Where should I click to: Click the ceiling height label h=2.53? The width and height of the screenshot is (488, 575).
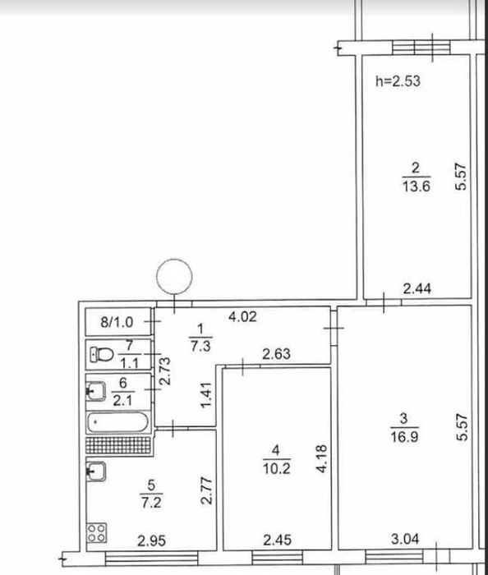pos(397,81)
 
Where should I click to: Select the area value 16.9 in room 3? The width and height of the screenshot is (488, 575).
pos(408,430)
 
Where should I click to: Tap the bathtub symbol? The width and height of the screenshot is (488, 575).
pos(119,424)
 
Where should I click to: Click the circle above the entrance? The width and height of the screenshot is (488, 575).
pos(175,276)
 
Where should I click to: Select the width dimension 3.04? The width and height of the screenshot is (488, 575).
pos(408,540)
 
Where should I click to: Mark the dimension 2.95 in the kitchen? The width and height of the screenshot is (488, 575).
pos(153,540)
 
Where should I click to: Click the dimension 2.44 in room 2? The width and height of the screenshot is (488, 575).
pos(418,287)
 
